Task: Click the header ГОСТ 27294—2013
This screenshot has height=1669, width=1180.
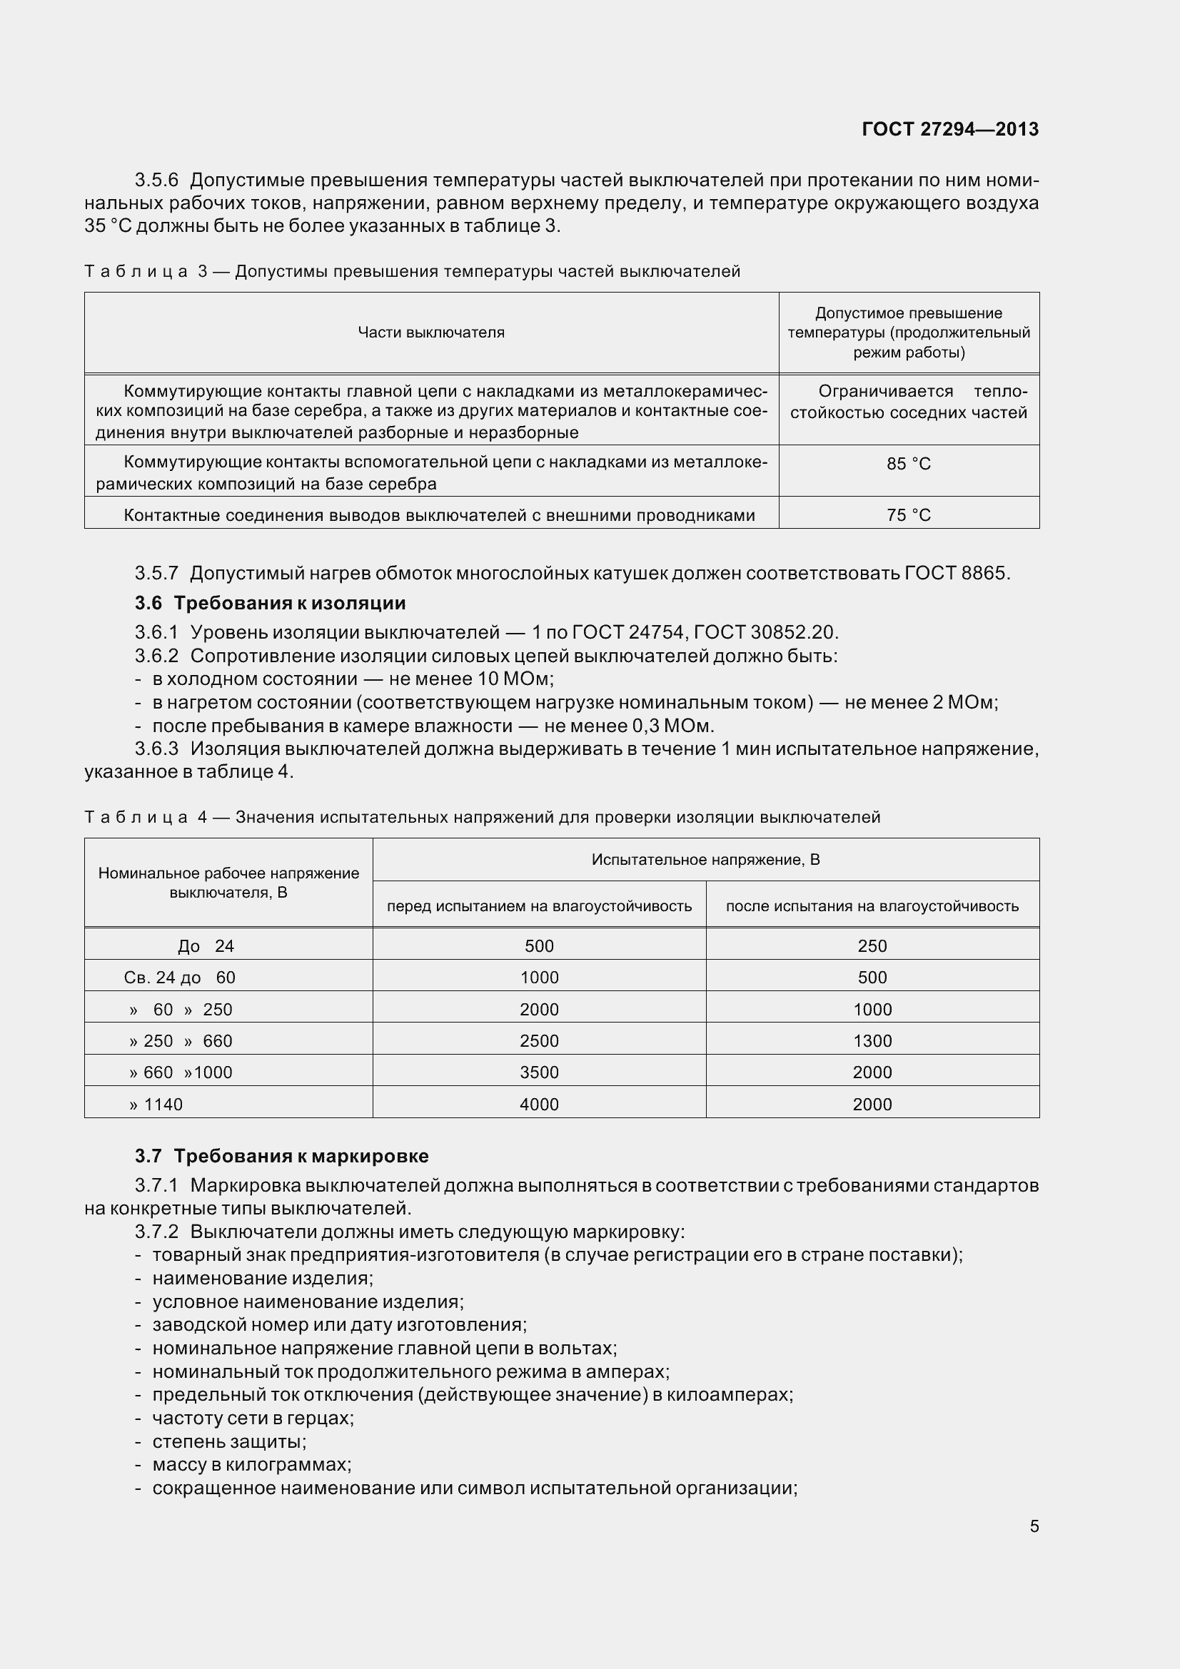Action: tap(949, 129)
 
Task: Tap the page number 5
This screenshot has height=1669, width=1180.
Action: tap(1034, 1526)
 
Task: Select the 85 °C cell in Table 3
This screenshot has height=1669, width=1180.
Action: tap(908, 464)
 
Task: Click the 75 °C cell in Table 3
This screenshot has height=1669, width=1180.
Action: tap(908, 515)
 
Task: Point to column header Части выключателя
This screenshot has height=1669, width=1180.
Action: tap(430, 333)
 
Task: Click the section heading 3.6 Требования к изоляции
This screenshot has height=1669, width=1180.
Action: tap(270, 604)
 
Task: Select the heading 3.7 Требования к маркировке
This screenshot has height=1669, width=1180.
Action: tap(281, 1156)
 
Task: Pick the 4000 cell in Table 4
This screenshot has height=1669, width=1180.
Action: tap(539, 1105)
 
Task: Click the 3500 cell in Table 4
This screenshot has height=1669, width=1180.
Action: tap(539, 1073)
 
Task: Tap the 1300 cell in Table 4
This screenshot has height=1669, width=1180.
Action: tap(872, 1041)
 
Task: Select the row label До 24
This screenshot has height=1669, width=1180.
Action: tap(206, 946)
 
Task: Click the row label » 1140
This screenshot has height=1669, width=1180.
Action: tap(156, 1105)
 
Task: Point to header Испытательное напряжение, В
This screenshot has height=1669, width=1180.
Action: tap(705, 860)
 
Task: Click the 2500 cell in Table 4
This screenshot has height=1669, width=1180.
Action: tap(539, 1041)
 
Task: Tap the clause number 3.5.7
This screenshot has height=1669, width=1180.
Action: tap(156, 574)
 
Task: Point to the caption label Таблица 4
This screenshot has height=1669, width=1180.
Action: tap(146, 818)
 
